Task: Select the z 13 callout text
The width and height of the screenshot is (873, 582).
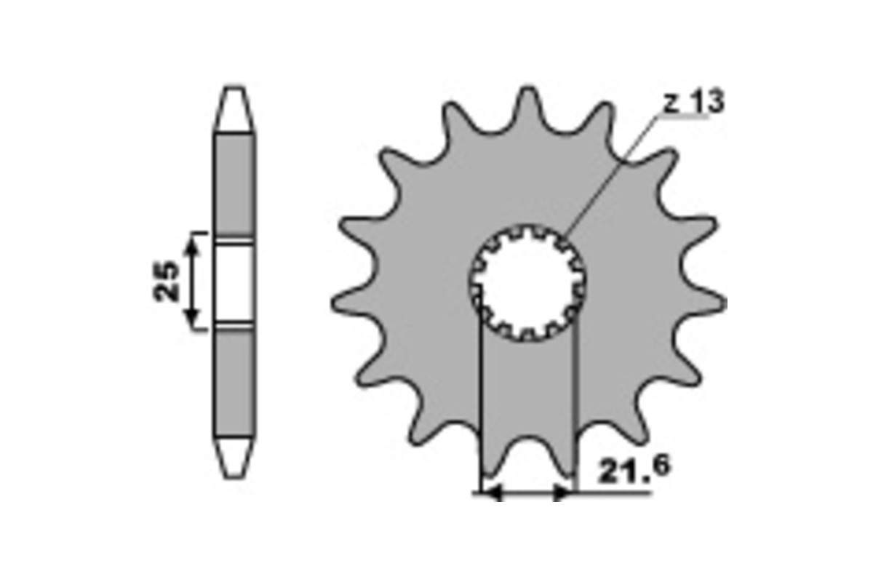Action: [693, 103]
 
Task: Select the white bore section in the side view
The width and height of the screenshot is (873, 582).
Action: [235, 282]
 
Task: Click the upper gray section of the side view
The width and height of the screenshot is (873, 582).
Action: [235, 186]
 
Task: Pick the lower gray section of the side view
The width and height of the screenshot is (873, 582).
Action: [235, 382]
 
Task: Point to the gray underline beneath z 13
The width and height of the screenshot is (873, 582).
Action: [687, 118]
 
